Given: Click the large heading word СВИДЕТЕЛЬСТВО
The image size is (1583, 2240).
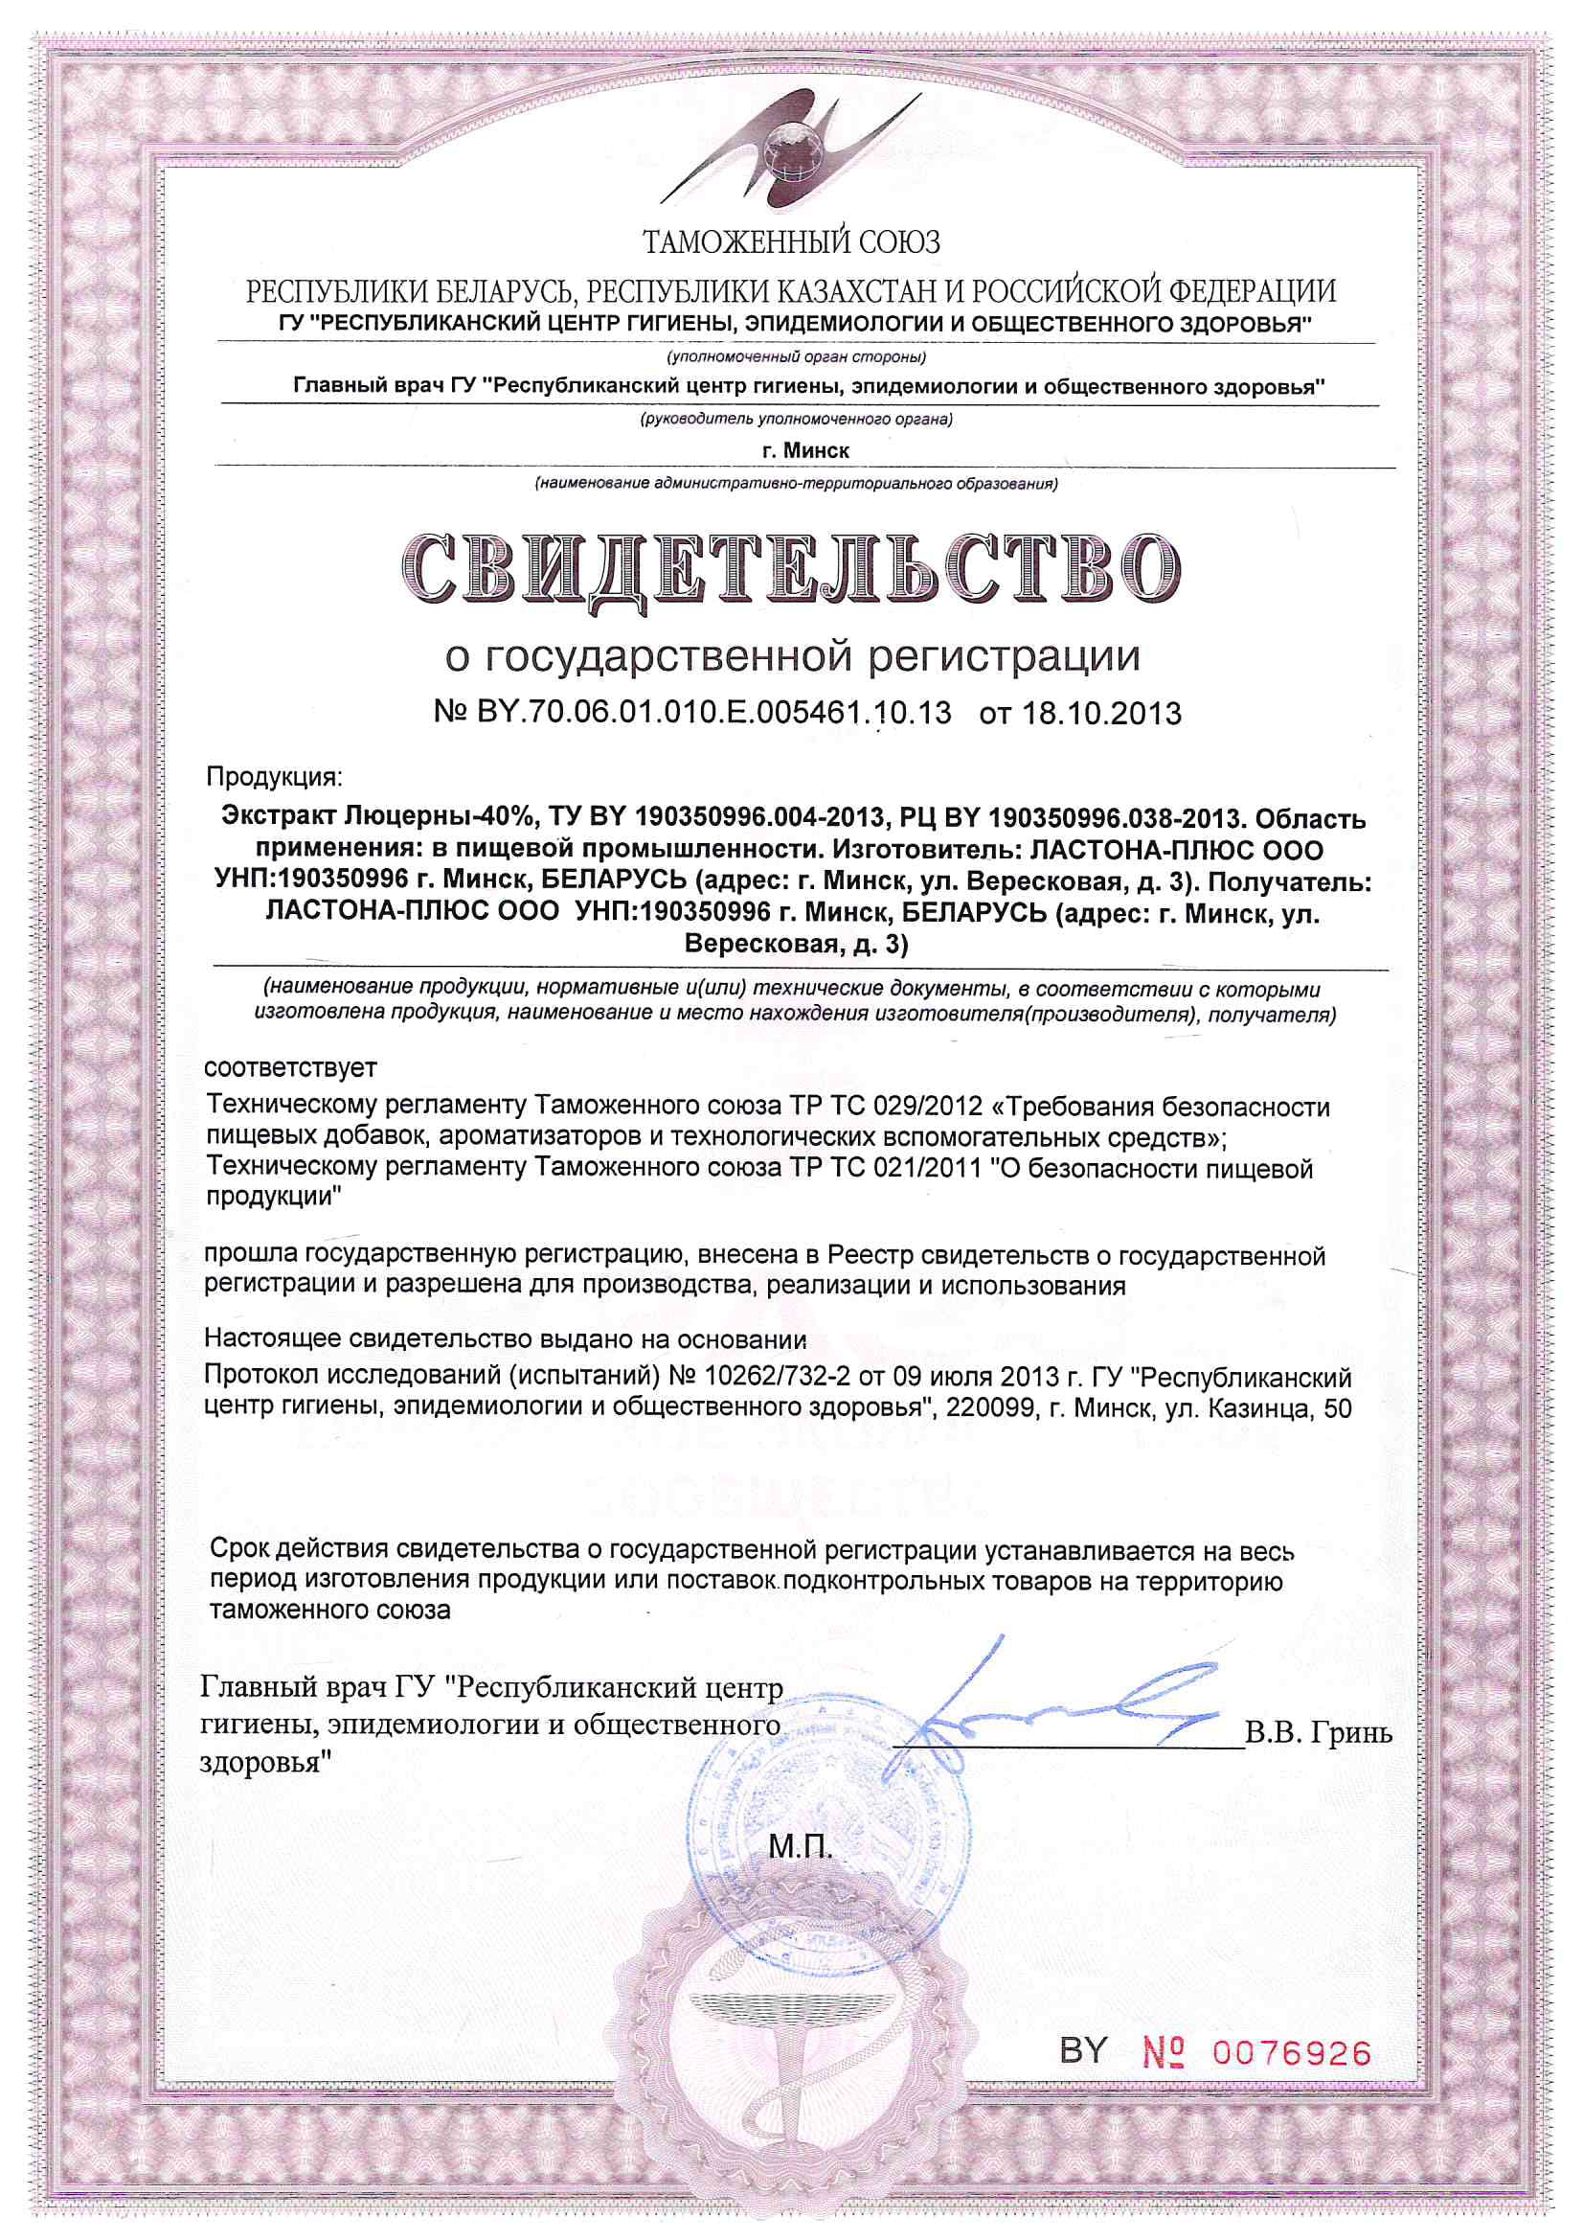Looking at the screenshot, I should click(x=791, y=571).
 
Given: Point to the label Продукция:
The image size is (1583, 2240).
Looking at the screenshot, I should click(x=274, y=778).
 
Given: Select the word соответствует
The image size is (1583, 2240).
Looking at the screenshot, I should click(x=291, y=1067).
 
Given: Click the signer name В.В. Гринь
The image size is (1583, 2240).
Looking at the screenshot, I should click(x=1319, y=1734).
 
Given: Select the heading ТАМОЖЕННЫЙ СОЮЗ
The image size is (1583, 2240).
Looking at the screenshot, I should click(x=791, y=241).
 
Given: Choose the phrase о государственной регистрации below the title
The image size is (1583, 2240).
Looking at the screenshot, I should click(x=791, y=656).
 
